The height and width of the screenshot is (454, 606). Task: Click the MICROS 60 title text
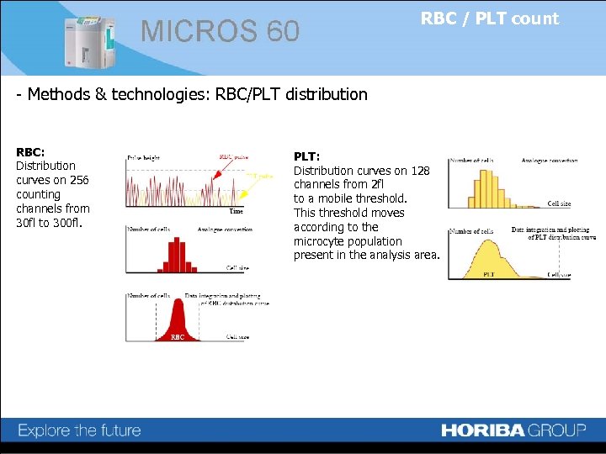(x=220, y=32)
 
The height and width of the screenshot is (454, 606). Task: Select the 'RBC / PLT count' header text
(x=489, y=18)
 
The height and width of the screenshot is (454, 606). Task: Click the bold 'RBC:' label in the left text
(x=30, y=151)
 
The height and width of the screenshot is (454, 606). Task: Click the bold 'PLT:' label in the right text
(x=306, y=156)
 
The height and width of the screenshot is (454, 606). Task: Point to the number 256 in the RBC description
(x=80, y=180)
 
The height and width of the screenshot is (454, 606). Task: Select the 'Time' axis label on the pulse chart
(x=237, y=212)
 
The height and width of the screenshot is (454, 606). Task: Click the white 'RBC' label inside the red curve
(x=177, y=336)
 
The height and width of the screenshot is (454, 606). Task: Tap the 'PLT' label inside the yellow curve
(x=488, y=274)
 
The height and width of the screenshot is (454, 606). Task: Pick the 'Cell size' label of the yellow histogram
(x=559, y=203)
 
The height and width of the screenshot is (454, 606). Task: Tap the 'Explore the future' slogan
(x=79, y=430)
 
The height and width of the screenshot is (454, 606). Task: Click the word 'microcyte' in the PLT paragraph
(x=319, y=241)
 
